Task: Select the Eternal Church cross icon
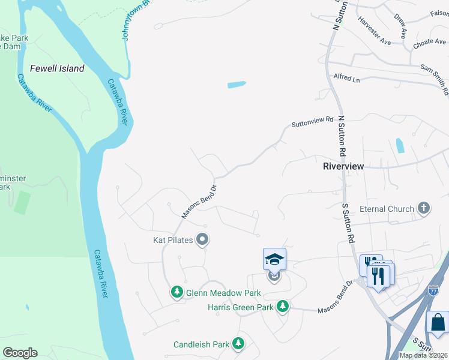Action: [424, 209]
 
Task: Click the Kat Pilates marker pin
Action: [202, 240]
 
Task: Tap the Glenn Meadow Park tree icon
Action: [177, 292]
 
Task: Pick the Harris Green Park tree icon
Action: [283, 307]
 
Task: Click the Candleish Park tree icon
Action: [239, 344]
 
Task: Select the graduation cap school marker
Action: [274, 260]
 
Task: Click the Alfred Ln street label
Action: [346, 79]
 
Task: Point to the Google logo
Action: [20, 353]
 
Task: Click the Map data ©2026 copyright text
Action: [424, 355]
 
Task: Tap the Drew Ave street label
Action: [400, 24]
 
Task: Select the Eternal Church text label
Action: [387, 209]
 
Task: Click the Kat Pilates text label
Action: [173, 240]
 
